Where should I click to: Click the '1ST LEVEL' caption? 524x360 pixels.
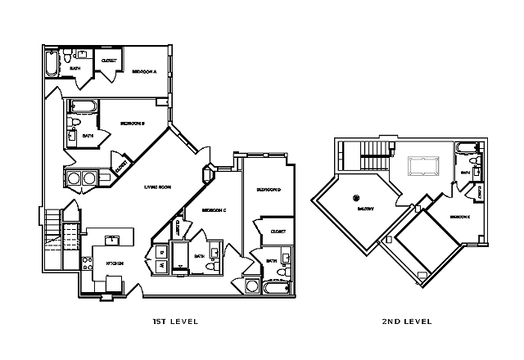coord(176,322)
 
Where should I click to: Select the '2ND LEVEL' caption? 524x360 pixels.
coord(408,322)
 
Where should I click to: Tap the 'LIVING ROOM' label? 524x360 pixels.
coord(158,187)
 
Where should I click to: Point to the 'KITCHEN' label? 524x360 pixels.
coord(115,263)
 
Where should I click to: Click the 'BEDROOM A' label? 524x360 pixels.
coord(144,72)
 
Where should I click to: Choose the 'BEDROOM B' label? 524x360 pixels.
coord(132,124)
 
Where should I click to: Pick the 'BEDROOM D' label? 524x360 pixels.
coord(268,190)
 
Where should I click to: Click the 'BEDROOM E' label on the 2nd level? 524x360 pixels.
coord(458,217)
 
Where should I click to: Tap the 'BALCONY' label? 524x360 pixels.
coord(365,209)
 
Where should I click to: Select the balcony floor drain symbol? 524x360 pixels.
coord(356,197)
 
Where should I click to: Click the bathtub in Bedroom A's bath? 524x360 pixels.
coord(52,63)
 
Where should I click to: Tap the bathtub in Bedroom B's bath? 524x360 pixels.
coord(83,106)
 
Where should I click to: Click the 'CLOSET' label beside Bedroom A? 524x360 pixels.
coord(107,61)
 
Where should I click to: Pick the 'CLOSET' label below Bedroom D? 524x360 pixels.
coord(278,232)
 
